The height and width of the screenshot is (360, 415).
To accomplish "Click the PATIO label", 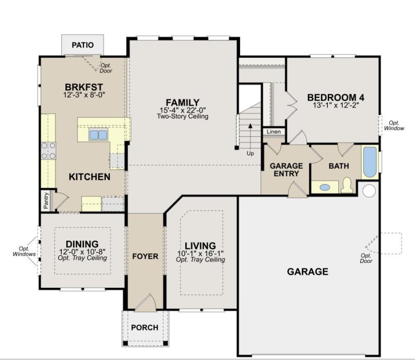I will [82, 45].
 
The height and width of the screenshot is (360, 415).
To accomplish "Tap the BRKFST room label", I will [84, 87].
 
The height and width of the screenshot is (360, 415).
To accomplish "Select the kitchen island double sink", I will [98, 134].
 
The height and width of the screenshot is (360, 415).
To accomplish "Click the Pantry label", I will [46, 200].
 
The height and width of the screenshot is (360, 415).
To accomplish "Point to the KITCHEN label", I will [89, 177].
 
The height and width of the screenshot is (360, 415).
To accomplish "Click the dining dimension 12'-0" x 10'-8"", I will [82, 252].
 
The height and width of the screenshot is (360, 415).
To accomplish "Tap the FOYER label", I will [145, 256].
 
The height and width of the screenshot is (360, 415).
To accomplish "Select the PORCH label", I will [145, 327].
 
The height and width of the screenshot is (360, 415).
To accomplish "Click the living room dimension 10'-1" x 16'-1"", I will [200, 253].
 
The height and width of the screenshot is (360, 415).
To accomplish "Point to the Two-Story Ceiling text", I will [182, 116].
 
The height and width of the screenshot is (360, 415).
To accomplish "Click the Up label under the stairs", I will [251, 154].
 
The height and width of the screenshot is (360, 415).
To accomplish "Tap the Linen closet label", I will [274, 132].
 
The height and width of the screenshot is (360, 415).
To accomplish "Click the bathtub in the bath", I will [369, 162].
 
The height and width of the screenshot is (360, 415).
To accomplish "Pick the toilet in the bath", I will [347, 184].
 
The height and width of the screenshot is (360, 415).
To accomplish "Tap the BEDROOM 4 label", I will [332, 97].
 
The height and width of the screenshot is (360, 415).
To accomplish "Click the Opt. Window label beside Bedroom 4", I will [393, 126].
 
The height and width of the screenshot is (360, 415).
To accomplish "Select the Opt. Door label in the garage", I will [366, 258].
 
